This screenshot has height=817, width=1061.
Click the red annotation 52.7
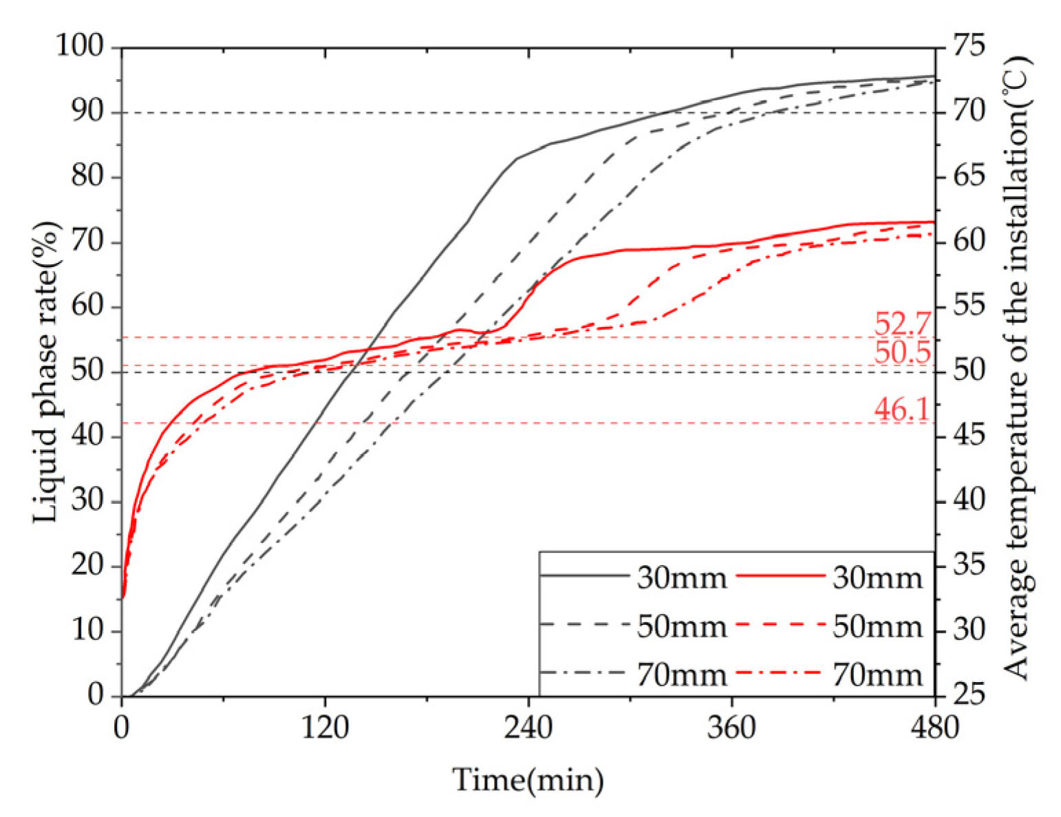(x=902, y=323)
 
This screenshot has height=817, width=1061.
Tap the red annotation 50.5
(x=902, y=352)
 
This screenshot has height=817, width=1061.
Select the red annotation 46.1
(x=901, y=410)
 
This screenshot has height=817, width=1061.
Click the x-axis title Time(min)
(x=528, y=781)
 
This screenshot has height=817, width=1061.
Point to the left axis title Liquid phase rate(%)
(x=45, y=372)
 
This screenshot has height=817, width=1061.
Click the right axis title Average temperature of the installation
(x=1017, y=368)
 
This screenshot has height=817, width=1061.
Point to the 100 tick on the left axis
(x=79, y=47)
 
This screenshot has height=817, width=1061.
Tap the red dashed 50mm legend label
(x=877, y=626)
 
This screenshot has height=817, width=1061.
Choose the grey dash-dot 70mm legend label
(x=681, y=675)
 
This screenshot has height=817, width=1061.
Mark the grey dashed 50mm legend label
(x=681, y=626)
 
